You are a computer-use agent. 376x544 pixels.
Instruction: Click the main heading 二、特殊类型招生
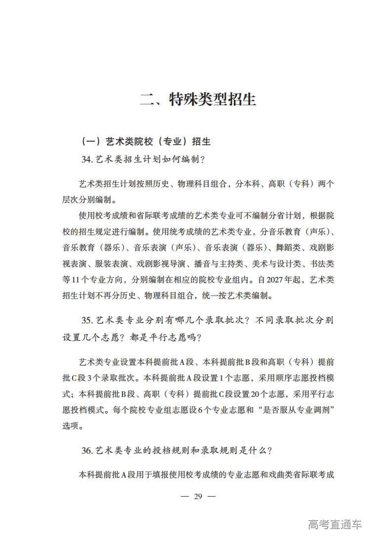coord(198,99)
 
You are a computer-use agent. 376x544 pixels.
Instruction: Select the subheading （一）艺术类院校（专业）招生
coord(146,142)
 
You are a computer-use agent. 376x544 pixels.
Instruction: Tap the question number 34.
coord(87,159)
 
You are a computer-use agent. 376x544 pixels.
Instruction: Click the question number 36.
coord(87,451)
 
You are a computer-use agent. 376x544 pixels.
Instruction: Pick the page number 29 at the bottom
coord(198,496)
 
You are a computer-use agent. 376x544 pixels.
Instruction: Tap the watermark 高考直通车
coord(334,524)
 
